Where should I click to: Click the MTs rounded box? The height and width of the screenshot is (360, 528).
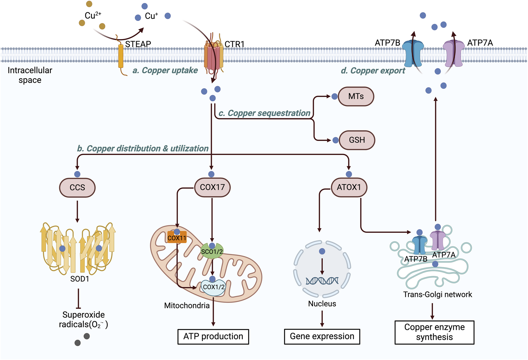click(356, 97)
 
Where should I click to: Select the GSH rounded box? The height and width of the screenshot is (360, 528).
click(357, 140)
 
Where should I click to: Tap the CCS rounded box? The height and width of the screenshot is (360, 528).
click(77, 187)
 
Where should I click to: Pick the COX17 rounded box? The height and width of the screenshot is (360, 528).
click(212, 187)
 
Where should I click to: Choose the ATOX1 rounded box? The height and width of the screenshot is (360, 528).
click(349, 187)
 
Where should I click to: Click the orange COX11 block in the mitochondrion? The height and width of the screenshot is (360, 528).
click(177, 238)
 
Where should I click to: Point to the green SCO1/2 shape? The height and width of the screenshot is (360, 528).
click(212, 252)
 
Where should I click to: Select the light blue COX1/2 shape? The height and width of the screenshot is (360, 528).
click(213, 287)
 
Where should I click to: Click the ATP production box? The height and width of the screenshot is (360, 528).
click(213, 336)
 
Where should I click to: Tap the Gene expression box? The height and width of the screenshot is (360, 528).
click(322, 336)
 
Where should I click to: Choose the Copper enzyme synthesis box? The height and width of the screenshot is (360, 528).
click(434, 332)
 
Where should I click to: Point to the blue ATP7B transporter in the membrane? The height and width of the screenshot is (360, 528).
click(413, 54)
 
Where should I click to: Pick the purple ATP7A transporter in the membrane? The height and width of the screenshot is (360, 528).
click(453, 54)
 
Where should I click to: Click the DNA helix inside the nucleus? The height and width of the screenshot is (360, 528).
click(322, 281)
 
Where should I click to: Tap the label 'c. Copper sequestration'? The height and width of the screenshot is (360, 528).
click(264, 113)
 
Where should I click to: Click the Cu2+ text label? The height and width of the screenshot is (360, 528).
click(93, 15)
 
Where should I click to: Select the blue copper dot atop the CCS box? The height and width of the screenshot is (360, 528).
click(77, 174)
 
